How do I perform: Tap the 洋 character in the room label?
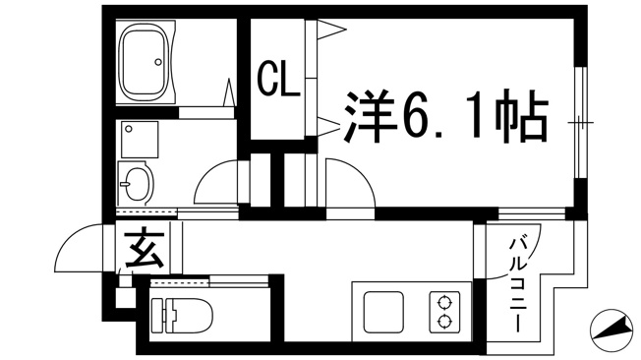tap(369, 116)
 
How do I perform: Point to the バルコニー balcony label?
tap(517, 285)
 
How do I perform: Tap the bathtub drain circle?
tap(158, 62)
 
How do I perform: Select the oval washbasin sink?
tap(137, 184)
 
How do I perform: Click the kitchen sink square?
tap(383, 312)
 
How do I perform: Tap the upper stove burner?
tap(443, 304)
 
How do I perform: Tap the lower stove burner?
tap(443, 322)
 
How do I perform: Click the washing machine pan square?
tap(140, 139)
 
